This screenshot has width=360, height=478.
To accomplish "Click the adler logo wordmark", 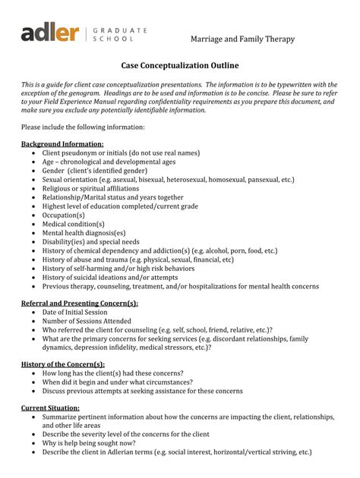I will click(49, 33).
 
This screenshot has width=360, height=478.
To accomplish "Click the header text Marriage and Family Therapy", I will click(242, 39).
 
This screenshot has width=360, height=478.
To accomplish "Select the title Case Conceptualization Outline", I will click(180, 68).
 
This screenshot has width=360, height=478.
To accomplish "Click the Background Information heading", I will click(62, 143).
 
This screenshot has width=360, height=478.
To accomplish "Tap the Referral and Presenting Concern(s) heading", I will click(80, 303).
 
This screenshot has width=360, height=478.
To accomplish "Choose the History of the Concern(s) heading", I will click(63, 365).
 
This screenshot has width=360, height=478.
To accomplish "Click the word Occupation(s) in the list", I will click(64, 215).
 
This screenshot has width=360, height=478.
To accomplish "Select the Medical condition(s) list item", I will click(74, 225).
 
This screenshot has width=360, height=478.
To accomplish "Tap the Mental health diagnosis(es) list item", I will click(84, 233).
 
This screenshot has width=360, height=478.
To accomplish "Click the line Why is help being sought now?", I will click(89, 443).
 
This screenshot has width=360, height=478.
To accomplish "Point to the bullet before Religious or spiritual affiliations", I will click(33, 189).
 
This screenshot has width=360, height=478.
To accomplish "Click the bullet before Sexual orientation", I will click(33, 180).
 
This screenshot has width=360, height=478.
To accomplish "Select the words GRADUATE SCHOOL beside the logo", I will click(119, 34).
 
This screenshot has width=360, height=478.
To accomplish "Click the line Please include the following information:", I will click(83, 127).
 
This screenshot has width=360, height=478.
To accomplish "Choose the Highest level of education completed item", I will click(120, 206).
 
